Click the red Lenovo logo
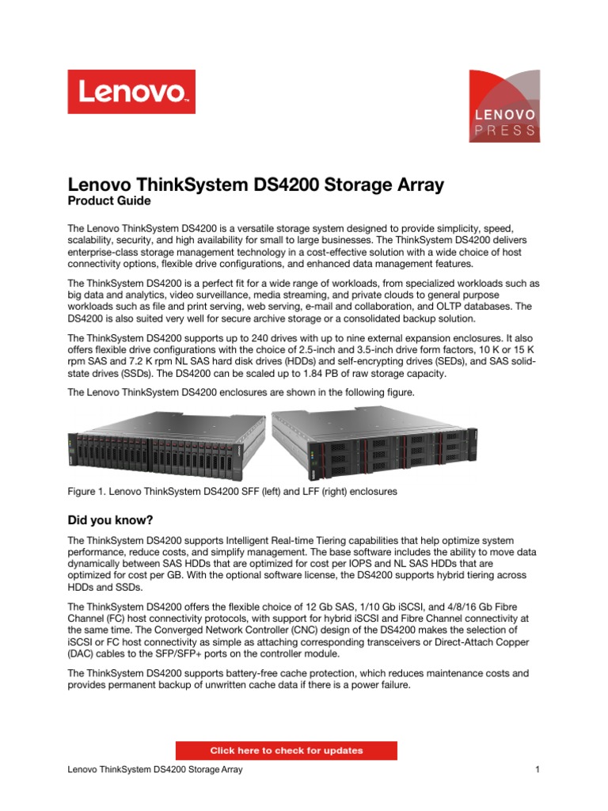tap(131, 92)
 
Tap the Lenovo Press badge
tap(506, 106)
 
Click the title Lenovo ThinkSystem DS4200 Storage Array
tap(256, 185)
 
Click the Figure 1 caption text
tap(232, 492)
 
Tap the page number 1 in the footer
tap(537, 770)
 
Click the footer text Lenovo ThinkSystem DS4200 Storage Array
tap(155, 770)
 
